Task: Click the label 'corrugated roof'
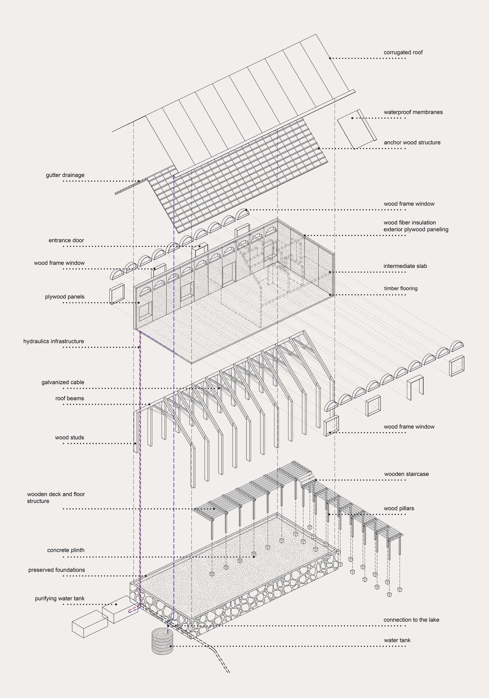[x=403, y=52]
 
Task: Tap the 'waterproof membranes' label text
[x=413, y=112]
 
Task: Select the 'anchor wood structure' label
[x=412, y=143]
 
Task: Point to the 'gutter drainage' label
[x=65, y=175]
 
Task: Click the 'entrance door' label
[x=66, y=240]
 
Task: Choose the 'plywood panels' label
[x=65, y=297]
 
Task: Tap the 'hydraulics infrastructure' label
[x=53, y=341]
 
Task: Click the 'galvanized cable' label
[x=62, y=382]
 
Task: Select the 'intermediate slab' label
[x=405, y=266]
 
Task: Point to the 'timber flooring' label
[x=401, y=288]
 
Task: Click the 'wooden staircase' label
[x=406, y=474]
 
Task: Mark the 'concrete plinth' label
[x=66, y=550]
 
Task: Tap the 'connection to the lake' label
[x=411, y=620]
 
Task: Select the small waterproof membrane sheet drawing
[x=356, y=129]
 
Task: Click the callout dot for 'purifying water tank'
[x=116, y=604]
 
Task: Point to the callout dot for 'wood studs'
[x=135, y=444]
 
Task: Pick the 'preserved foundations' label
[x=57, y=570]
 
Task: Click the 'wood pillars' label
[x=399, y=508]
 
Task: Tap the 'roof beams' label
[x=69, y=398]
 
